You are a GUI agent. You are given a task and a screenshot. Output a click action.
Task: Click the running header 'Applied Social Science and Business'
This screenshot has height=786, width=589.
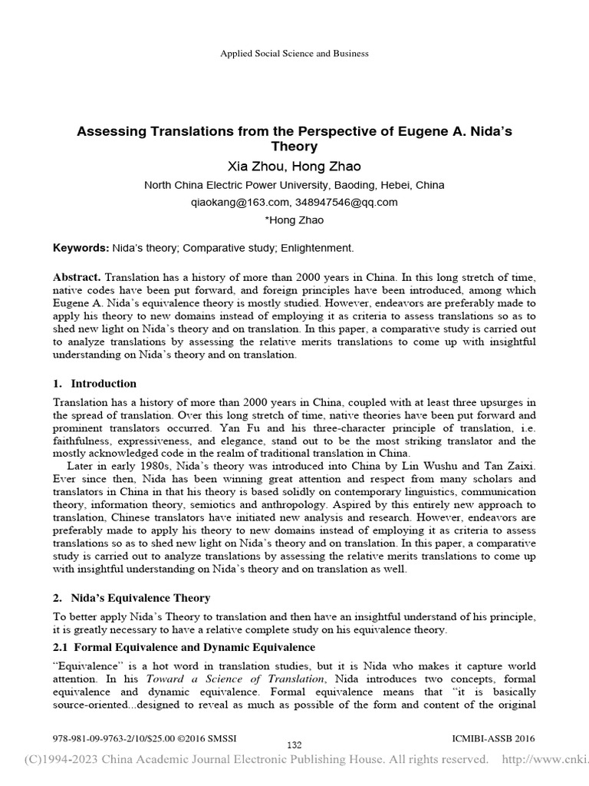pos(294,54)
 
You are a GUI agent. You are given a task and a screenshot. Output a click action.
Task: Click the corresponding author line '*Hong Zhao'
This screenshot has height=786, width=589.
pos(294,220)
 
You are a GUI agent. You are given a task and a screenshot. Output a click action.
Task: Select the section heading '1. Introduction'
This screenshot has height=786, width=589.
pos(95,384)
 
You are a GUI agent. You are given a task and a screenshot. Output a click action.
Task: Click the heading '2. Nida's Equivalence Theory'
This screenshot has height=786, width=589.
pos(131,598)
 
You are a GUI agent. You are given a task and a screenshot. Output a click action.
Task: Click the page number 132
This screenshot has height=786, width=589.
pos(294,745)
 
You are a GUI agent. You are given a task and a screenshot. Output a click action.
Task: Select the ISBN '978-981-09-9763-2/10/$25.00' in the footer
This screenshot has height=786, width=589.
pos(110,738)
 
